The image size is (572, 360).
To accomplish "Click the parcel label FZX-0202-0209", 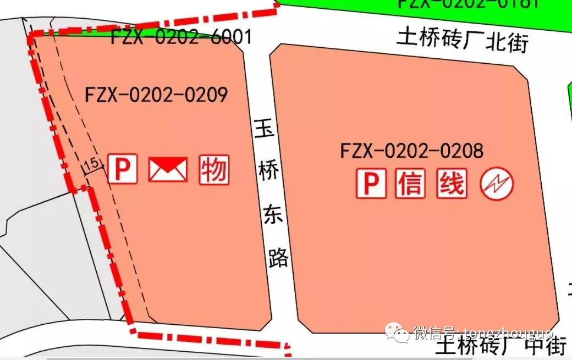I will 157,95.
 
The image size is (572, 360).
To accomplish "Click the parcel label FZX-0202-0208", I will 411,150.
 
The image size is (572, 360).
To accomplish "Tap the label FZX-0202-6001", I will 181,37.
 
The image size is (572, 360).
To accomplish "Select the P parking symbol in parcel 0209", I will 122,169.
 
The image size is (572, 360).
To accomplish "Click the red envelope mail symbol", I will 168,169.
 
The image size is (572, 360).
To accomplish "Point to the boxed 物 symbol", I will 214,169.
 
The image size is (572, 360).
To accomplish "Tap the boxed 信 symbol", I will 410,184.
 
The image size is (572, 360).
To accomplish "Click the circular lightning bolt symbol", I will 497,184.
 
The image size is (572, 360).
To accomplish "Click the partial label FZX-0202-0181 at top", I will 468,3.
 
